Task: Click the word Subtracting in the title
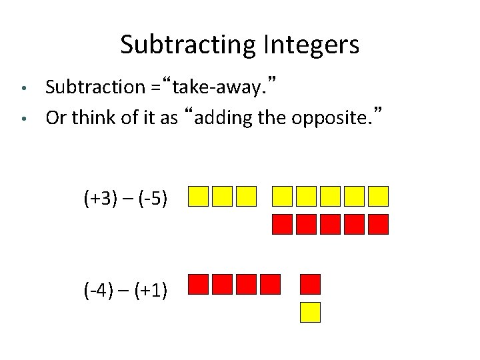(189, 45)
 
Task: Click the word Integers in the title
(311, 45)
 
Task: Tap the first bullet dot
(23, 88)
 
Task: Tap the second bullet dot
(23, 119)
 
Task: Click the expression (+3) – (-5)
(125, 198)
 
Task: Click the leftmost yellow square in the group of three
(199, 196)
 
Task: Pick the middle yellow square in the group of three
(223, 196)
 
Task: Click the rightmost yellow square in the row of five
(378, 196)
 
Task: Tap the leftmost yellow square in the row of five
(283, 196)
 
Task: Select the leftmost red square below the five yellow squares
(283, 225)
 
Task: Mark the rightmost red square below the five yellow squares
(378, 225)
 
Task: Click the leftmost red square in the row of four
(199, 285)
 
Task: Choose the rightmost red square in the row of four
(270, 285)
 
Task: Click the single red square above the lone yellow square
(310, 285)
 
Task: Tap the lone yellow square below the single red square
(310, 312)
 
